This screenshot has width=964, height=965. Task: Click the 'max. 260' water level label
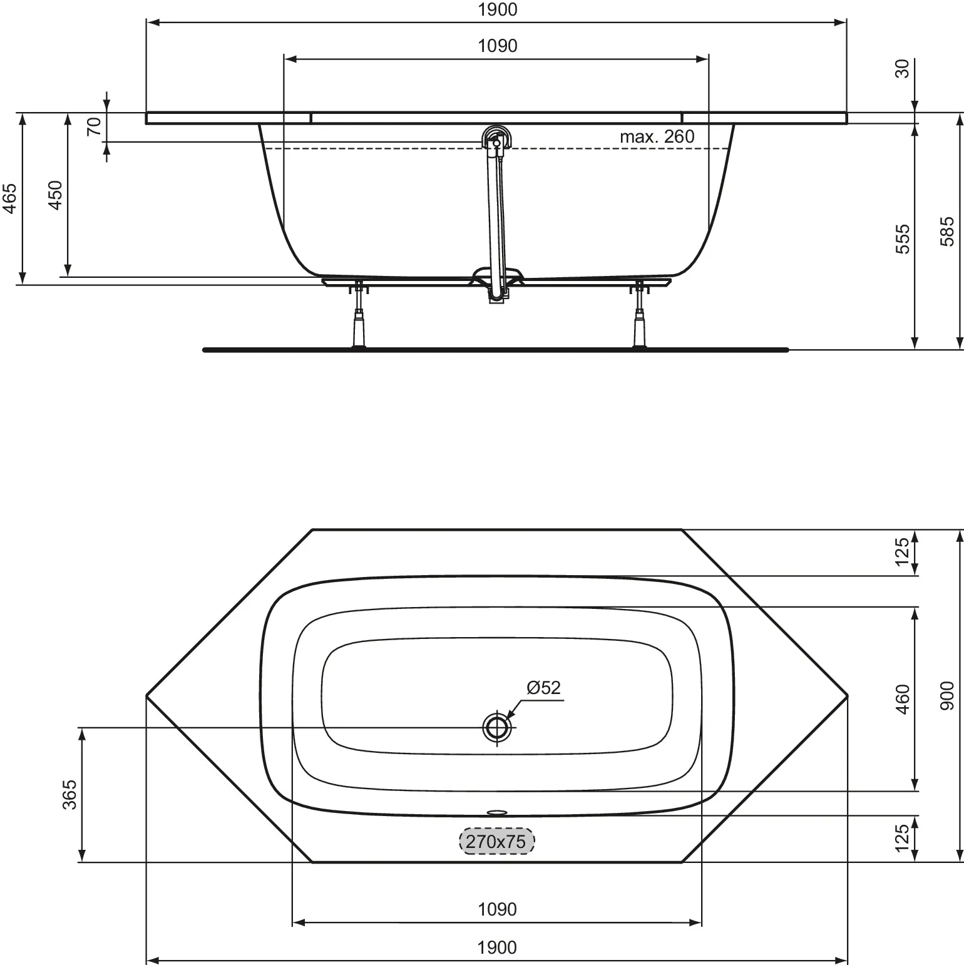tap(657, 136)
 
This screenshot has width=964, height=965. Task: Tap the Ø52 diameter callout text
tap(543, 688)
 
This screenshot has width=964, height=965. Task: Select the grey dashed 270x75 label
tap(497, 841)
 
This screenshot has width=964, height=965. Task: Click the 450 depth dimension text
tap(56, 195)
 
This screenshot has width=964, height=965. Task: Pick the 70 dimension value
tap(94, 127)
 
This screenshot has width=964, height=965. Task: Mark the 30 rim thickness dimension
tap(902, 69)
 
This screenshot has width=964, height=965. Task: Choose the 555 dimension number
tap(902, 238)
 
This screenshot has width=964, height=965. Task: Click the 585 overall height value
tap(948, 231)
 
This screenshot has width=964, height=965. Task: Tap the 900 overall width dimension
tap(948, 696)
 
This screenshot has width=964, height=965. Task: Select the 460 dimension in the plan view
tap(902, 699)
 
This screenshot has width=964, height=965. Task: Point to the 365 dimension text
tap(69, 794)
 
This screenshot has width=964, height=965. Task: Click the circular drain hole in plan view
tap(497, 727)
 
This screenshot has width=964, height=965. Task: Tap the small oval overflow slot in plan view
tap(497, 813)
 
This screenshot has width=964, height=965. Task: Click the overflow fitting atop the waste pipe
tap(497, 138)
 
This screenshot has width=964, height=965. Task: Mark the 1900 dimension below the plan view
tap(497, 947)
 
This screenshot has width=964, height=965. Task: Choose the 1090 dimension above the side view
tap(497, 46)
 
